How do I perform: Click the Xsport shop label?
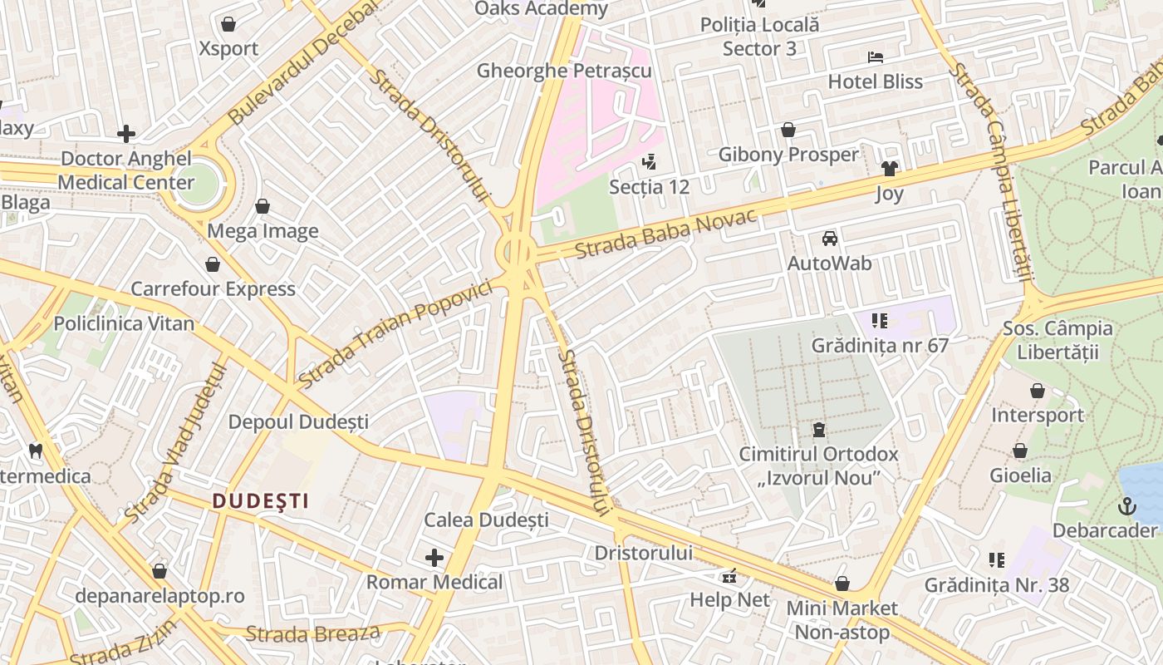pyautogui.click(x=228, y=48)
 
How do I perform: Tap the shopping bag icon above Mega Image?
pyautogui.click(x=263, y=206)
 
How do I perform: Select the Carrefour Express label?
pyautogui.click(x=213, y=289)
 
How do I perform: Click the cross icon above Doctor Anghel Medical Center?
pyautogui.click(x=126, y=133)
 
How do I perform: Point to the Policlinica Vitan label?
pyautogui.click(x=124, y=323)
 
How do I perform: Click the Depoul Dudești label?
pyautogui.click(x=298, y=422)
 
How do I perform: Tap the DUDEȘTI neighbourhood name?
pyautogui.click(x=260, y=500)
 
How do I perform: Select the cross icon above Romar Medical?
pyautogui.click(x=434, y=557)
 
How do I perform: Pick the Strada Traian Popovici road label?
pyautogui.click(x=395, y=335)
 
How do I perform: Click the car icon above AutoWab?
pyautogui.click(x=829, y=239)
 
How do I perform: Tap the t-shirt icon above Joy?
pyautogui.click(x=890, y=169)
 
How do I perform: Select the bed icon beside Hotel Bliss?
pyautogui.click(x=875, y=57)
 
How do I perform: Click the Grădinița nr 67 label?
pyautogui.click(x=880, y=345)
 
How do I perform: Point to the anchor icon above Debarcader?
pyautogui.click(x=1126, y=505)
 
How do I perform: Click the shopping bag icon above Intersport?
pyautogui.click(x=1037, y=391)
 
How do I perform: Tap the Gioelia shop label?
pyautogui.click(x=1020, y=475)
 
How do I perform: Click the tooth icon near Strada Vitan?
pyautogui.click(x=35, y=451)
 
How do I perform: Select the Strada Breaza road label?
pyautogui.click(x=313, y=634)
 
